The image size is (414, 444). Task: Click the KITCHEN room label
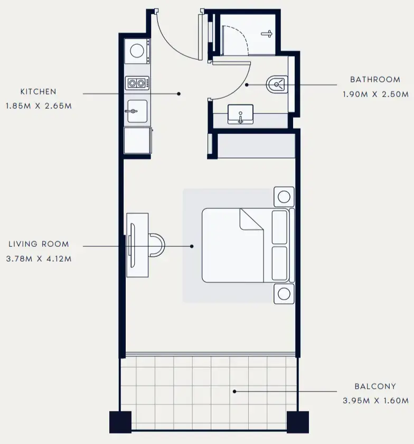[x=38, y=91]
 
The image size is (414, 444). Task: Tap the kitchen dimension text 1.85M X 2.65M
[x=39, y=106]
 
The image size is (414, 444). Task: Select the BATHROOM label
[x=375, y=80]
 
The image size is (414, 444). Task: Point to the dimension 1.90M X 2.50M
[x=376, y=94]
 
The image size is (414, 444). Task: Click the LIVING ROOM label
[x=39, y=244]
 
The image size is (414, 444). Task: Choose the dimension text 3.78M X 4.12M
[x=39, y=259]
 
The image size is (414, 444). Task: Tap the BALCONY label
[x=375, y=386]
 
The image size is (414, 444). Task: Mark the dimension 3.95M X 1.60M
[x=376, y=401]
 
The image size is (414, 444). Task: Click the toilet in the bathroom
[x=277, y=84]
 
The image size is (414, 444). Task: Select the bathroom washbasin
[x=240, y=114]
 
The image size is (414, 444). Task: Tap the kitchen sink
[x=137, y=111]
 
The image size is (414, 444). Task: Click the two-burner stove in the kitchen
[x=137, y=83]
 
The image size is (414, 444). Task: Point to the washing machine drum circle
[x=137, y=51]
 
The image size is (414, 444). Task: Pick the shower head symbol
[x=267, y=34]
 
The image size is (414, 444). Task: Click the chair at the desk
[x=156, y=245]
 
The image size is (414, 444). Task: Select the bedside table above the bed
[x=284, y=197]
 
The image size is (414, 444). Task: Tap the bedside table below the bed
[x=284, y=294]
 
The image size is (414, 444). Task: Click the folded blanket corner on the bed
[x=251, y=220]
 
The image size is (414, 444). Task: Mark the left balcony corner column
[x=120, y=422]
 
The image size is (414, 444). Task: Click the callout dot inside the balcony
[x=234, y=392]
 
